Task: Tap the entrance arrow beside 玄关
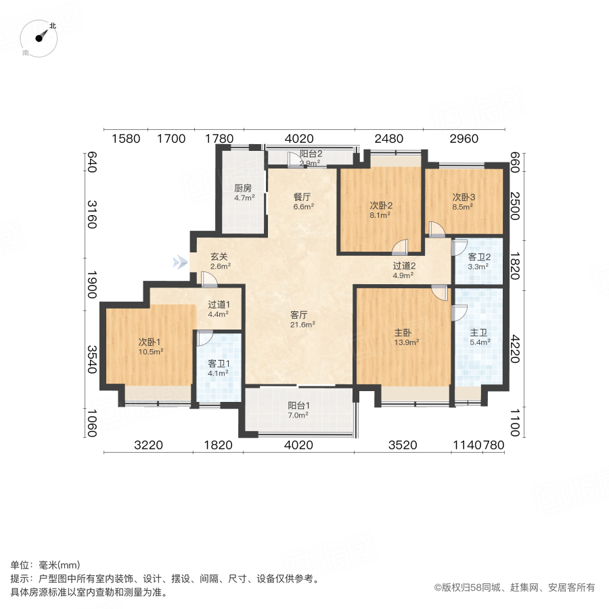pyautogui.click(x=180, y=262)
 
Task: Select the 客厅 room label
pyautogui.click(x=299, y=315)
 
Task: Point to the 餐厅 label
pyautogui.click(x=302, y=197)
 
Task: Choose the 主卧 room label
pyautogui.click(x=404, y=333)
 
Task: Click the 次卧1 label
pyautogui.click(x=149, y=342)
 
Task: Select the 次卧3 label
pyautogui.click(x=464, y=198)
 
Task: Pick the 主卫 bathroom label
pyautogui.click(x=479, y=333)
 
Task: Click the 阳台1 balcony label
pyautogui.click(x=298, y=406)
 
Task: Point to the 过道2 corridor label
pyautogui.click(x=404, y=266)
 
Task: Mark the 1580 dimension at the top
pyautogui.click(x=126, y=139)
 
